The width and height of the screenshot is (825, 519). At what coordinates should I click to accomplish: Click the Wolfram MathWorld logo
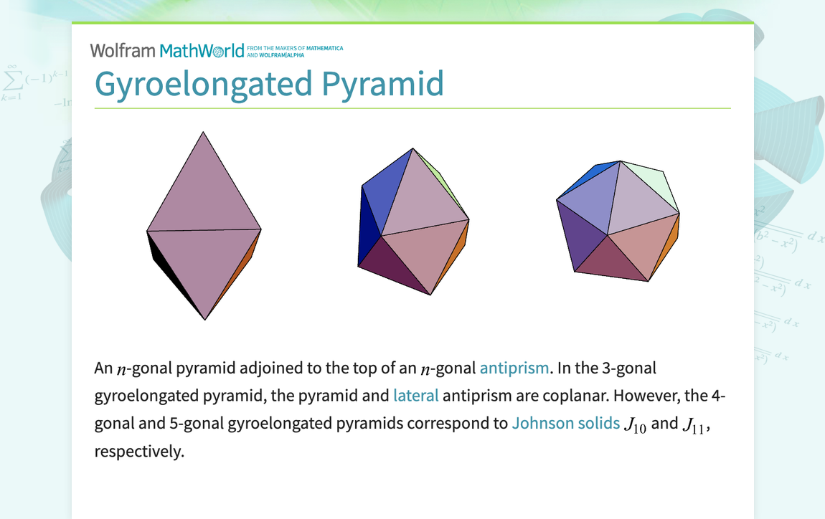click(166, 51)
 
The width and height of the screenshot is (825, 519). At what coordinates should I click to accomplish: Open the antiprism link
click(514, 368)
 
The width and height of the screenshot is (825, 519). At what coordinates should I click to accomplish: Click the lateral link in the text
click(415, 396)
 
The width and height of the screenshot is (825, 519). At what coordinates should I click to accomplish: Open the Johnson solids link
click(565, 423)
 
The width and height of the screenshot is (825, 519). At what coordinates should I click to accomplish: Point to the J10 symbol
click(634, 425)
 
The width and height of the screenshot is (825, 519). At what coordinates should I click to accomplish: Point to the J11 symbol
click(695, 425)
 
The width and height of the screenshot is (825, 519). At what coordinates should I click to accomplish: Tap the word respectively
click(138, 452)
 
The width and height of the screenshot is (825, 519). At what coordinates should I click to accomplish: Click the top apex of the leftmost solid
click(204, 133)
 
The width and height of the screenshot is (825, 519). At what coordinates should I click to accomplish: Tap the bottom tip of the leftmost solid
click(205, 318)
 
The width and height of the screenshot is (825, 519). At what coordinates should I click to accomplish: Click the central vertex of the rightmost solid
click(608, 234)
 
